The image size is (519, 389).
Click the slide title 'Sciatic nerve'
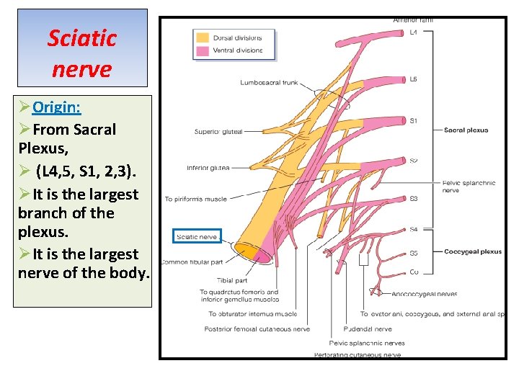81,53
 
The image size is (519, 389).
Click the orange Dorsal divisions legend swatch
203,37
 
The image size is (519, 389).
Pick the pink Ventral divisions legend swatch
203,51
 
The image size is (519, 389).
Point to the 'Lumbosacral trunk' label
269,83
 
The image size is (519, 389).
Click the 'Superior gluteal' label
218,132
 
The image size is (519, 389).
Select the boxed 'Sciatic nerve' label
197,236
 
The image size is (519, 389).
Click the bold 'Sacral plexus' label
466,130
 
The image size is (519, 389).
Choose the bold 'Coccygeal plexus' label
472,252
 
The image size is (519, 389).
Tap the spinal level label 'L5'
413,79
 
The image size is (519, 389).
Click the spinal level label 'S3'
413,198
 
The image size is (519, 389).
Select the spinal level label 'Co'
413,272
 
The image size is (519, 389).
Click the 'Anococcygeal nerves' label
425,294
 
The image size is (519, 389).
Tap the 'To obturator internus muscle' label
252,314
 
